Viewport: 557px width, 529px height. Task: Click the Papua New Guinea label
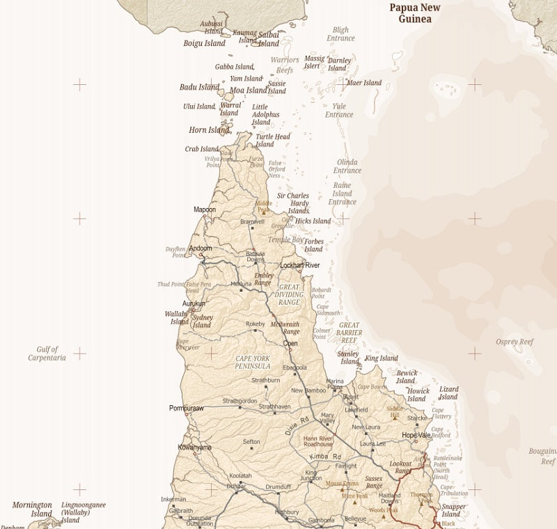tap(415, 13)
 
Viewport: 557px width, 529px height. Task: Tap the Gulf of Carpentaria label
tap(47, 354)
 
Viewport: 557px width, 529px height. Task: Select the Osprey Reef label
tap(515, 342)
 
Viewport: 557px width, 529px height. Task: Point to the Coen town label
tap(290, 343)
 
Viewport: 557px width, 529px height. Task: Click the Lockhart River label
tap(299, 265)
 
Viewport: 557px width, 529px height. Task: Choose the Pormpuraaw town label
tap(187, 408)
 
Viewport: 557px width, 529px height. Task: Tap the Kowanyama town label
tap(195, 448)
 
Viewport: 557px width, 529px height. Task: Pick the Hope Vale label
tap(416, 435)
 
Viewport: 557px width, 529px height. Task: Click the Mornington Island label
tap(32, 510)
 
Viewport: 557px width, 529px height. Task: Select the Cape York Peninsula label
tap(252, 362)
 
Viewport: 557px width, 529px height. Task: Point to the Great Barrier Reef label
tap(350, 333)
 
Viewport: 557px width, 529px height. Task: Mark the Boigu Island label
tap(204, 43)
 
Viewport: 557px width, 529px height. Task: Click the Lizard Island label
tap(449, 393)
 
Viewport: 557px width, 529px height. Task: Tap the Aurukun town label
tap(194, 303)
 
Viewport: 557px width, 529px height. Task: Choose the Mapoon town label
tap(205, 210)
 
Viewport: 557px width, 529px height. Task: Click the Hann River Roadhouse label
tap(318, 442)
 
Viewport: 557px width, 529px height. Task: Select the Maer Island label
tap(364, 83)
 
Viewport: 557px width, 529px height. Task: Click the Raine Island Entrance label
tap(342, 194)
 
